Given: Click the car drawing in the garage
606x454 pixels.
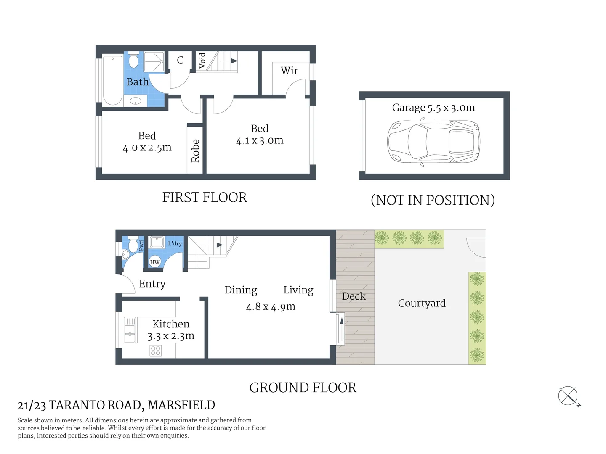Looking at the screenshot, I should [x=433, y=142].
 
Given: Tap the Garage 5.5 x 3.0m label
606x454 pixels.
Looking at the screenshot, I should [x=433, y=108].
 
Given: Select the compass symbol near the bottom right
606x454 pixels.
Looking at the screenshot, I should [x=568, y=396].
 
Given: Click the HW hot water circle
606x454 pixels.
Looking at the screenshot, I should [x=155, y=262].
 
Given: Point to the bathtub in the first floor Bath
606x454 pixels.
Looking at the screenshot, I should [x=113, y=80].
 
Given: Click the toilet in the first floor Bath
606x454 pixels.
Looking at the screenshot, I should [x=133, y=60].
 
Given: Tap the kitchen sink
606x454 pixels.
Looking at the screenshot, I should [x=130, y=330].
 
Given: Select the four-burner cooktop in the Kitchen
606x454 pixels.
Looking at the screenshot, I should [x=156, y=351].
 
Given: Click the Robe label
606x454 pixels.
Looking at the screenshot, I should [x=195, y=150].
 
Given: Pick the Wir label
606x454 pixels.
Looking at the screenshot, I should [x=290, y=71].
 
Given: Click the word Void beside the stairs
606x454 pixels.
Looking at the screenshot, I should [x=202, y=61].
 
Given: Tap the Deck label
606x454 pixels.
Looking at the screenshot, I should [x=353, y=296].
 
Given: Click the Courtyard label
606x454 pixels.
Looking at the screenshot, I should [x=422, y=303].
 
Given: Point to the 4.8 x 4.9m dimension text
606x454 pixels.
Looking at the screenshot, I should [x=271, y=307].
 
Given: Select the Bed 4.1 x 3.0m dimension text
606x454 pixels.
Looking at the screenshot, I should [x=260, y=140].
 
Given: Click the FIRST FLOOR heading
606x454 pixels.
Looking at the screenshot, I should [x=205, y=198].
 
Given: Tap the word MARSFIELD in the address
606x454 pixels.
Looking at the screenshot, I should [x=181, y=405].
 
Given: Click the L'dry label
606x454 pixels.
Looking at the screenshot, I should [x=175, y=244].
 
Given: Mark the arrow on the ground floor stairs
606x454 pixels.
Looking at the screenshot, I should [x=219, y=245].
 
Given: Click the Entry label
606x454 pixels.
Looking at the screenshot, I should [x=152, y=284].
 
